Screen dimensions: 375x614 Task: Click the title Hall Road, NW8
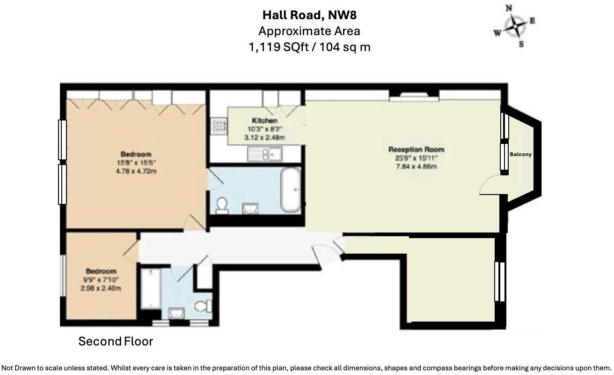click(x=309, y=15)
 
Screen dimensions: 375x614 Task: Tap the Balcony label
click(x=520, y=154)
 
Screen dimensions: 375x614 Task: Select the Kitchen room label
click(x=264, y=121)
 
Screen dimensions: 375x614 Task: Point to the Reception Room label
click(x=416, y=150)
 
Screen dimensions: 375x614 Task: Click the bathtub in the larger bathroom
click(x=291, y=190)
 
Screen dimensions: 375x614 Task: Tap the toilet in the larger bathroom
click(x=222, y=205)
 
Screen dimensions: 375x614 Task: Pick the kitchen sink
click(x=264, y=152)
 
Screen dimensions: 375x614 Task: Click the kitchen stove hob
click(x=218, y=126)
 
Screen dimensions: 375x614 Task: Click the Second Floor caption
click(x=116, y=341)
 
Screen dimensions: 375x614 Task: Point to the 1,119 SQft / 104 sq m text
click(x=309, y=47)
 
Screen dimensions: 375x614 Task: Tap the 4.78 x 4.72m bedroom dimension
click(x=136, y=171)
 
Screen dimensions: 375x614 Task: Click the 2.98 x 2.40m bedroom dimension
click(x=101, y=288)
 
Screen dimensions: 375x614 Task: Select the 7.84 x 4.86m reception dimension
click(x=416, y=166)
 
